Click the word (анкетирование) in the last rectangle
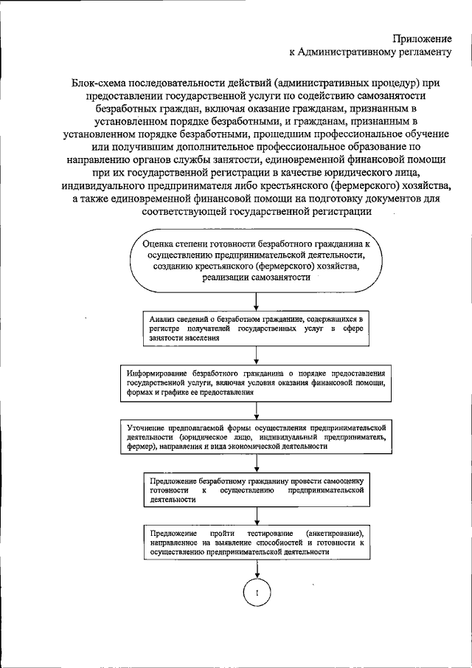coord(333,533)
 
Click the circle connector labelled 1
coord(257,593)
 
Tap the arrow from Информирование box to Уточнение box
coord(257,410)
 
